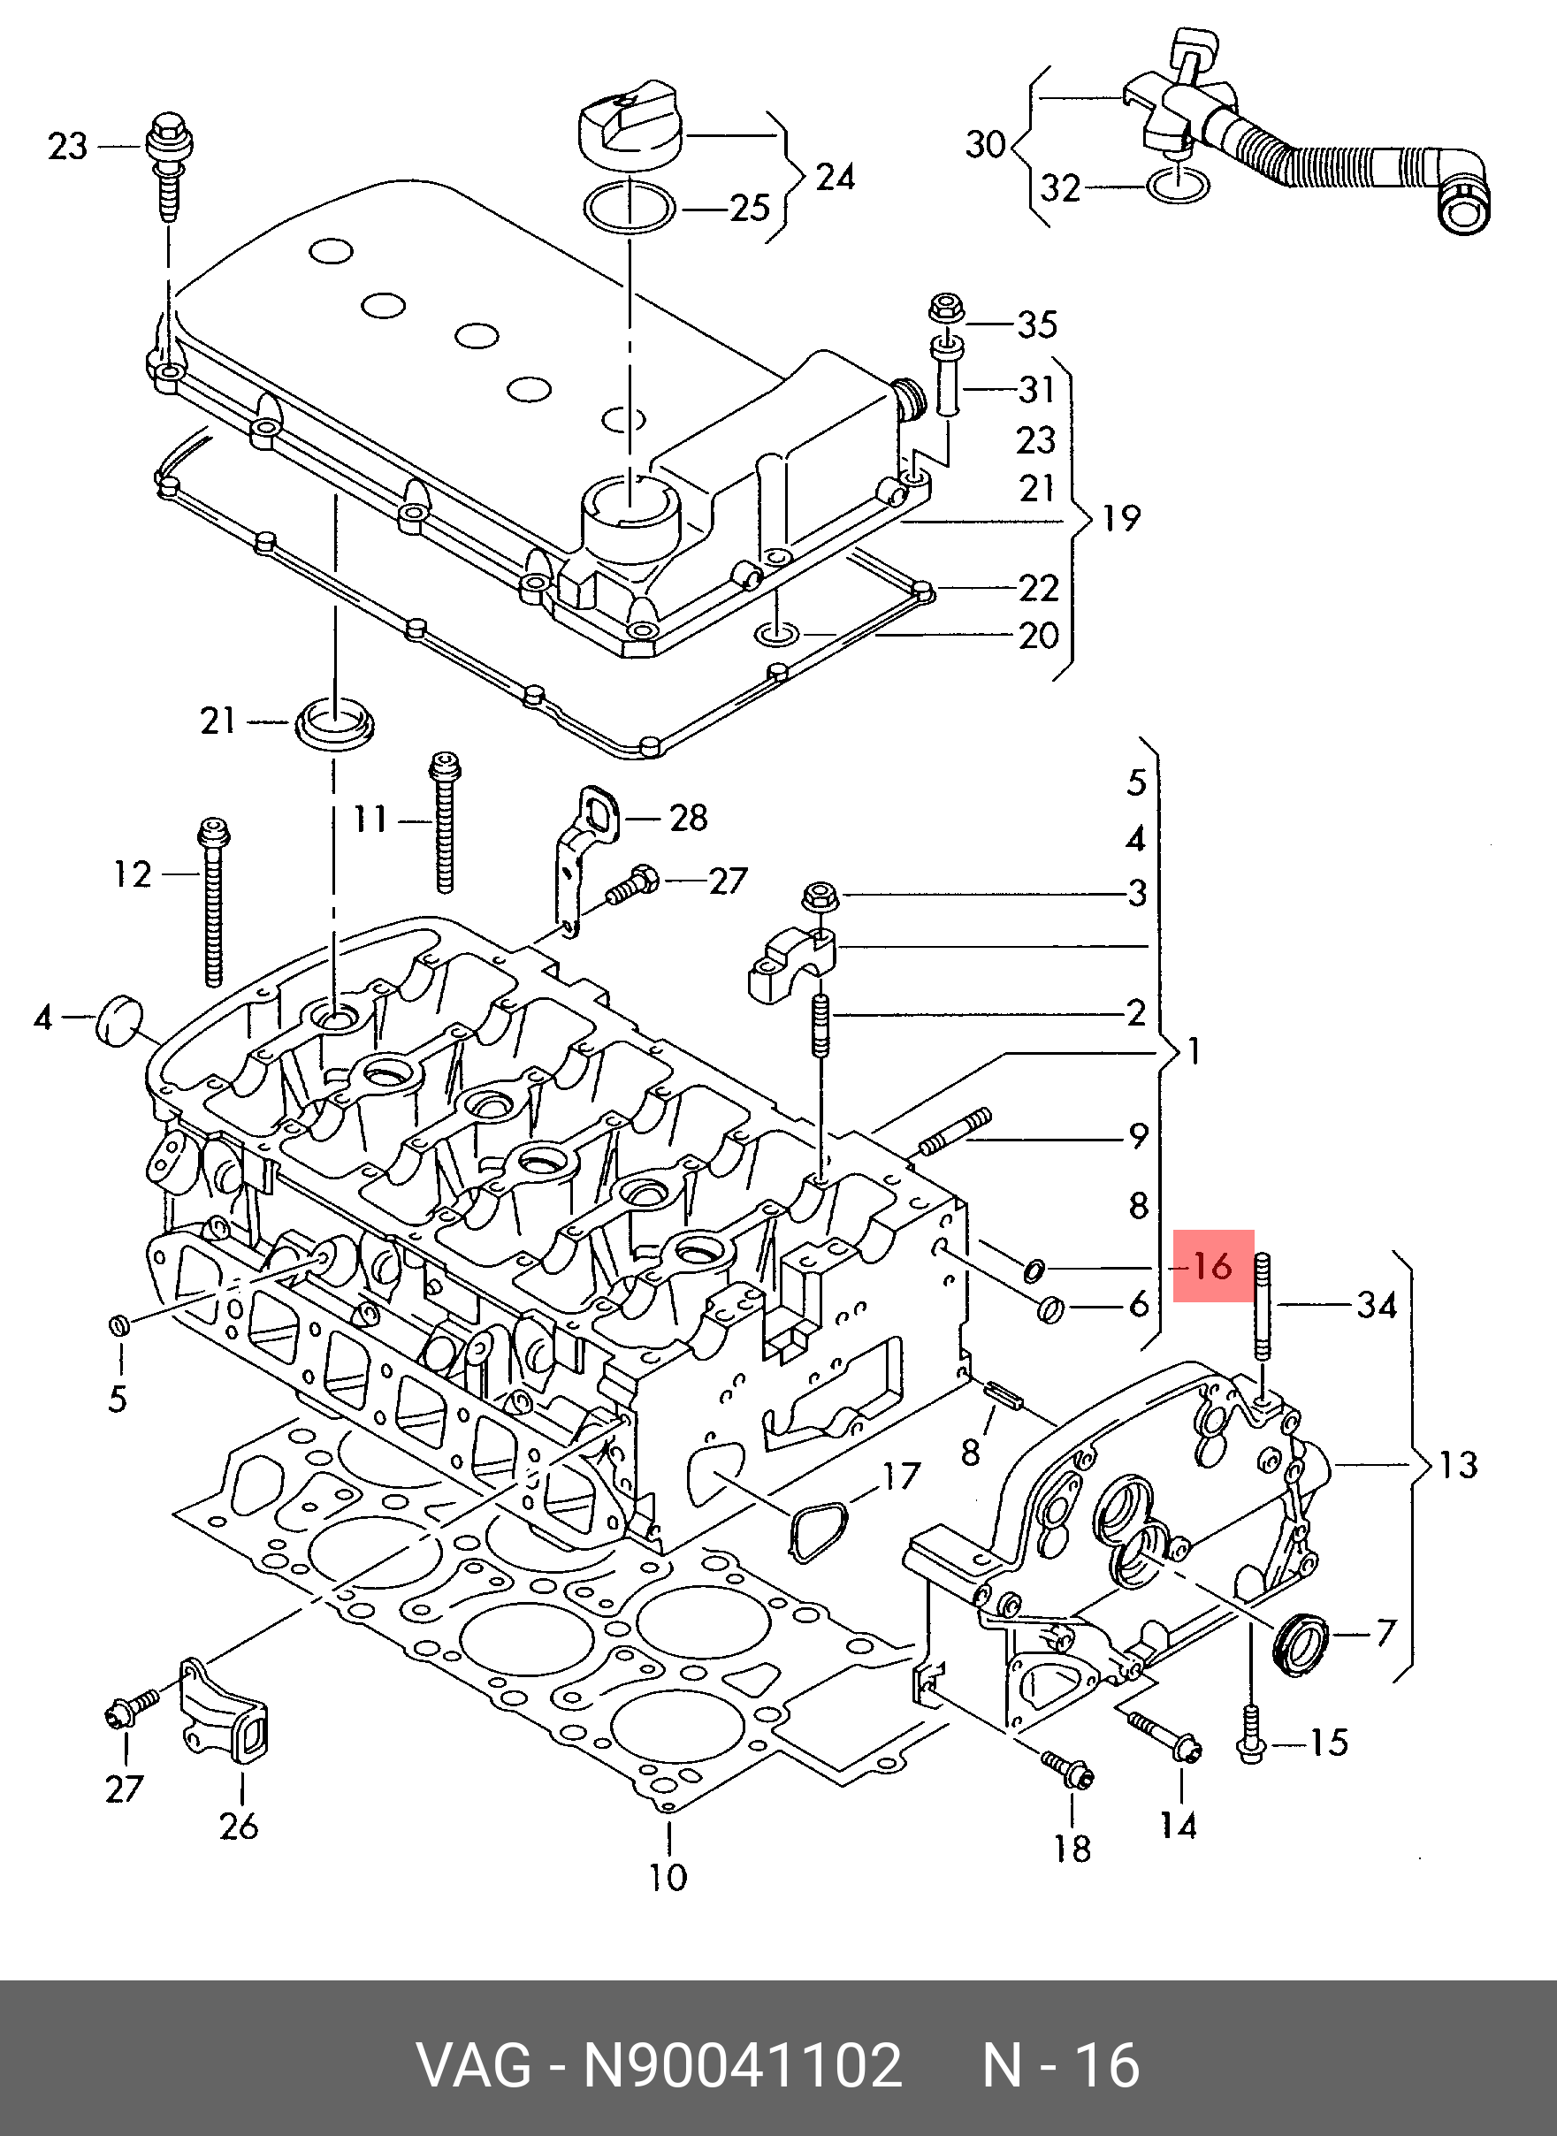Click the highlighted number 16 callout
click(1213, 1265)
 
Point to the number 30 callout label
click(986, 144)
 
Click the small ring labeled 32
click(1179, 187)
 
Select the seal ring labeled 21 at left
click(334, 725)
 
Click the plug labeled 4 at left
click(119, 1018)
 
